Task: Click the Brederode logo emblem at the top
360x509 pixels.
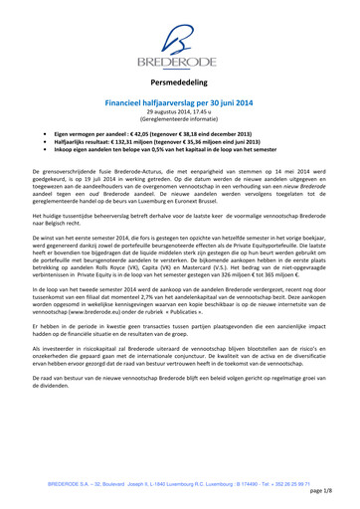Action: tap(179, 34)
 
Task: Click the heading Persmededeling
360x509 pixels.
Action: tap(180, 85)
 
